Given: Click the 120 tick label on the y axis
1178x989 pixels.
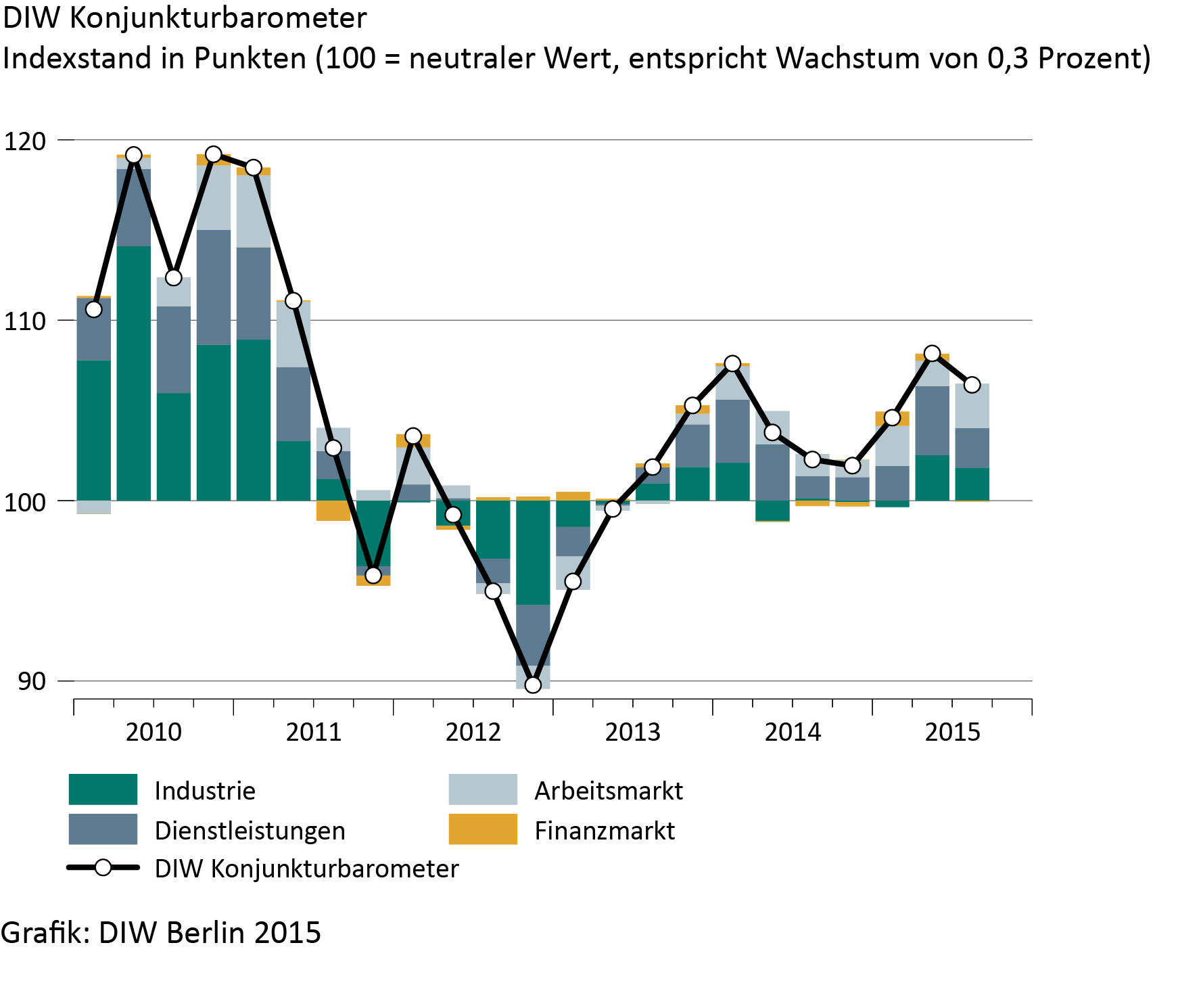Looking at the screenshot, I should pos(25,141).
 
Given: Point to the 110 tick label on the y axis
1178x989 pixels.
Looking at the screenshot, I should pos(25,321).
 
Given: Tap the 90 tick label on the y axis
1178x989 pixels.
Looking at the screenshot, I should pos(32,681).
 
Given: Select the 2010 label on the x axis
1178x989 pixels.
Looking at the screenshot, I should pos(154,732).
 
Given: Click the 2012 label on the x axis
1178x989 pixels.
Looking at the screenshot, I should pos(473,732).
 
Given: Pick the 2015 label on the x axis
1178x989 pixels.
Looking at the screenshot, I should pos(952,732).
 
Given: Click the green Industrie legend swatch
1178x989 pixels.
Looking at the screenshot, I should pos(103,789).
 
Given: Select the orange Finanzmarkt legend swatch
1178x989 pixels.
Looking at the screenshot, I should pos(483,829).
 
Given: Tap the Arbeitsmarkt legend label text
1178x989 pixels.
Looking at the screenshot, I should pos(609,791).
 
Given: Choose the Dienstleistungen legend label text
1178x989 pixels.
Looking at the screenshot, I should pos(250,831).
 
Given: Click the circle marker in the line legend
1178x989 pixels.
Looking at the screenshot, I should pos(103,868).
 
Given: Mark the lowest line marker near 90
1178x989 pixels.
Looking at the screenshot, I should pos(533,685).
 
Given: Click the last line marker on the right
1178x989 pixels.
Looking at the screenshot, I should pos(972,385).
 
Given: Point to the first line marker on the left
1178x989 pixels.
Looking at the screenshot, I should pos(93,309).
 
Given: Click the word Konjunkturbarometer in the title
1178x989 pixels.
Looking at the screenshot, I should pos(218,18).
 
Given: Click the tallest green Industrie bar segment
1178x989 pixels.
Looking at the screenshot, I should pos(134,373).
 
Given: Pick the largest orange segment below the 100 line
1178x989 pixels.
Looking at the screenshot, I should pos(333,511).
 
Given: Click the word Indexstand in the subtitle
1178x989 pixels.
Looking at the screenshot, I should pos(78,59).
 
